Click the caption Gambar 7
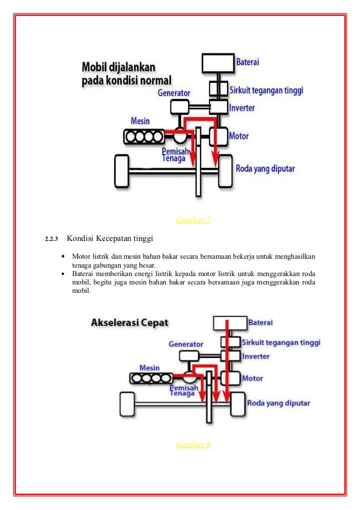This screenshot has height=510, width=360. point(193,220)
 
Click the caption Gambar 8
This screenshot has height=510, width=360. point(193,445)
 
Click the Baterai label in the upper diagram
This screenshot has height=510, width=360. point(247,62)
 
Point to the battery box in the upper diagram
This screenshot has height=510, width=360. point(218,63)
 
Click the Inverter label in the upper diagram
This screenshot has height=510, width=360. point(242,107)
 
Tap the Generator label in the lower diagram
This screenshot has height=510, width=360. point(186,344)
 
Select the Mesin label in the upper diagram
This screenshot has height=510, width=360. point(140,121)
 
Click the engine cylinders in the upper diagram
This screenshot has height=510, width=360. point(144,136)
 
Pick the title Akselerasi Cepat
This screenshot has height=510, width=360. point(130,323)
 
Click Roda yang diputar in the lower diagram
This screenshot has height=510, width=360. point(279,403)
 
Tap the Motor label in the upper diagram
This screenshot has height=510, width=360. point(239,136)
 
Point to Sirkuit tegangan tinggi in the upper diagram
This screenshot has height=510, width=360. point(266,91)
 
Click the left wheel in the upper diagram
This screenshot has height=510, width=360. point(121,171)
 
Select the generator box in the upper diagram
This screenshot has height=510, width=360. point(179,106)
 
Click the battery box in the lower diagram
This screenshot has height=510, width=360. point(229,323)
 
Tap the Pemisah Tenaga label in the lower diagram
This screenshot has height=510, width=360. point(181,390)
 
